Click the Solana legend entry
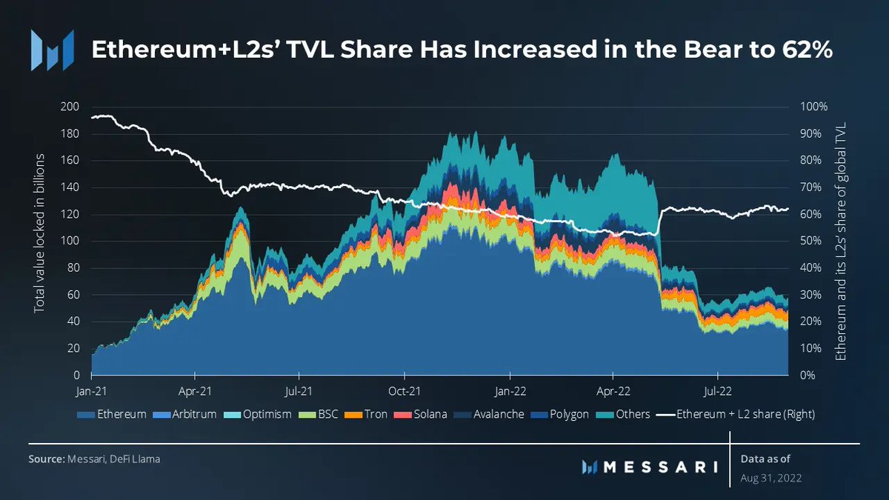(424, 414)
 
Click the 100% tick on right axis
(813, 107)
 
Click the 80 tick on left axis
(73, 268)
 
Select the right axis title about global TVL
(841, 241)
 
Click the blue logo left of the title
(52, 50)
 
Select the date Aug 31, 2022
(770, 478)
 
